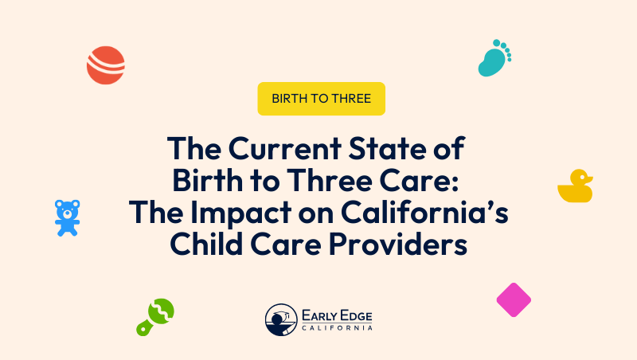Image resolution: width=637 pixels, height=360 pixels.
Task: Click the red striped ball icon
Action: [106, 65]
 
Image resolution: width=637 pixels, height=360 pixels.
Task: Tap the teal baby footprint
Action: [493, 59]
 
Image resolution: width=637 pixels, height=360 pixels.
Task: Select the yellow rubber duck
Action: [575, 187]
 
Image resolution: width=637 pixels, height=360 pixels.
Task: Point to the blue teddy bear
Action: [67, 217]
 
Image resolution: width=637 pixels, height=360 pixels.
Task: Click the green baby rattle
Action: [155, 316]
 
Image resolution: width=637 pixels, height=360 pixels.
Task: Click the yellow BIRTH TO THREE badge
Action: [321, 99]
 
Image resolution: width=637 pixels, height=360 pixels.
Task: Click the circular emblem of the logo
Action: [281, 320]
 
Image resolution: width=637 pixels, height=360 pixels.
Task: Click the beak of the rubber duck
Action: [590, 178]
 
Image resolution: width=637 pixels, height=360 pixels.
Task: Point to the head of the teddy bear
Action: [67, 209]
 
